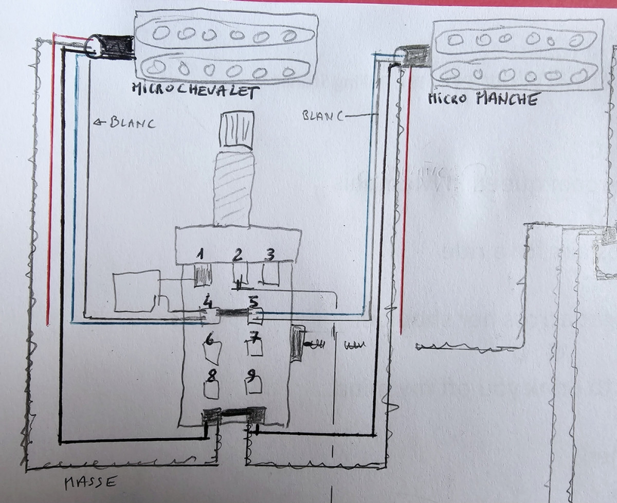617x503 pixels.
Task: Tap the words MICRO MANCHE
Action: pyautogui.click(x=483, y=98)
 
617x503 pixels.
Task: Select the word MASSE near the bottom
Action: pyautogui.click(x=90, y=482)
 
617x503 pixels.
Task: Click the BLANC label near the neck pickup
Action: pyautogui.click(x=323, y=115)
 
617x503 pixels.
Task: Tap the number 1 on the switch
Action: pyautogui.click(x=201, y=254)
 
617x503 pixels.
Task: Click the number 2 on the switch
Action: pyautogui.click(x=238, y=254)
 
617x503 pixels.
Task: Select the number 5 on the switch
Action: pyautogui.click(x=253, y=302)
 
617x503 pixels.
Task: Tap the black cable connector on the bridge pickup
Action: pyautogui.click(x=116, y=47)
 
